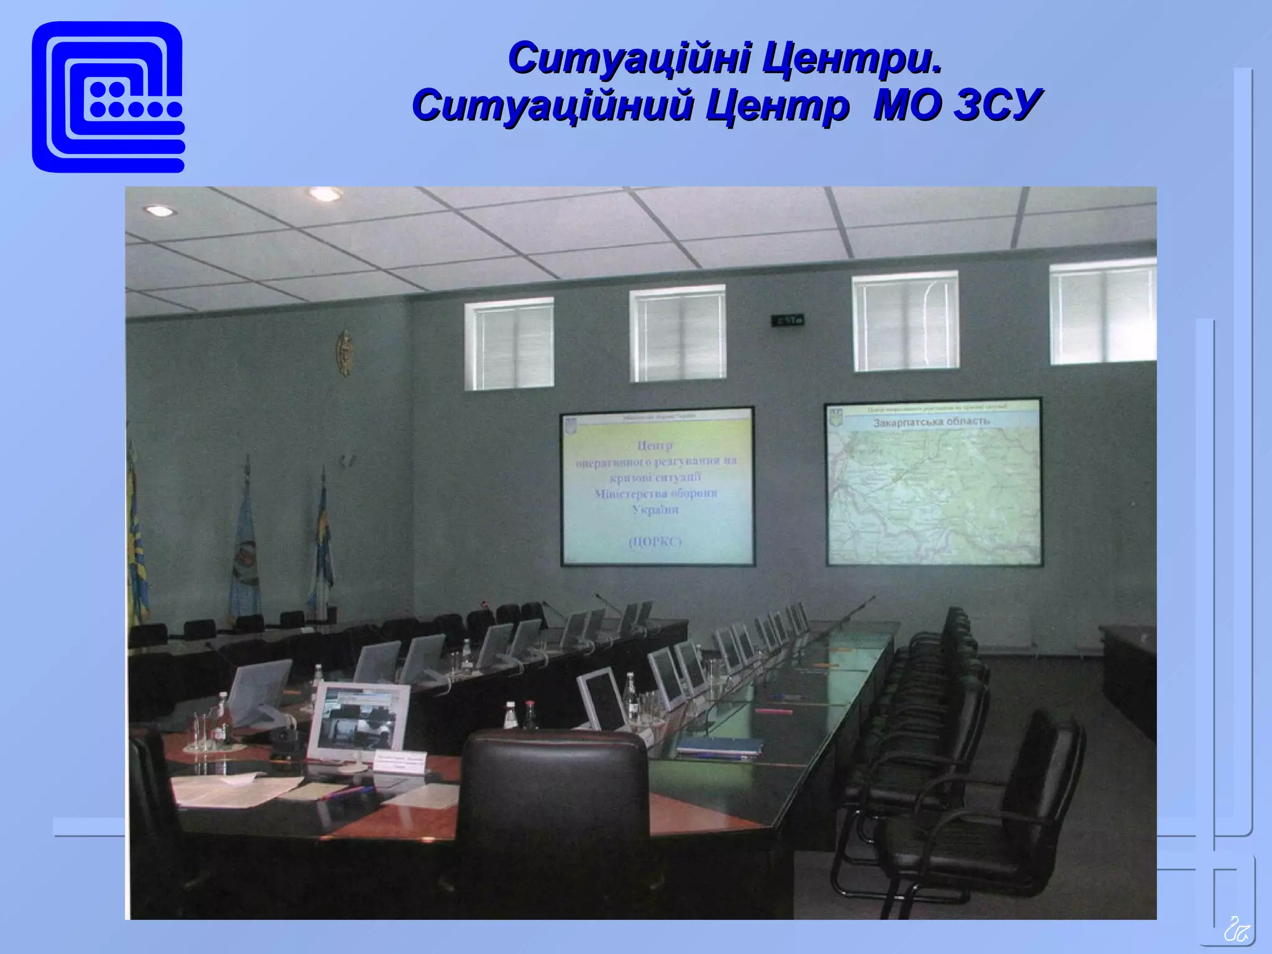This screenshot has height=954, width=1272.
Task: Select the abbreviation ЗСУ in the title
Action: point(997,104)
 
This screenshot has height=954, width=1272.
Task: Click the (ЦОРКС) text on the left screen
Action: point(655,542)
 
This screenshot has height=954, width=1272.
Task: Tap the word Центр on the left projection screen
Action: point(655,445)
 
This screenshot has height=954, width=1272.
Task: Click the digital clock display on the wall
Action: point(788,320)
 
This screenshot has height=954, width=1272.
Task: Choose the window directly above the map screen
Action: point(906,322)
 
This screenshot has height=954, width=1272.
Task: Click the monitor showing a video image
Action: point(358,721)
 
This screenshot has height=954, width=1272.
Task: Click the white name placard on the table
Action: point(400,761)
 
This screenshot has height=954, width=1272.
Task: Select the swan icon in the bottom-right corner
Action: point(1236,930)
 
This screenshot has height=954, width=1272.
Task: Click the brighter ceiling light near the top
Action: point(325,194)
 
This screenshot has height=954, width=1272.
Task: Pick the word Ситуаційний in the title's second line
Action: point(553,104)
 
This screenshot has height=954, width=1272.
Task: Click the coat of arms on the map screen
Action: point(836,417)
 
